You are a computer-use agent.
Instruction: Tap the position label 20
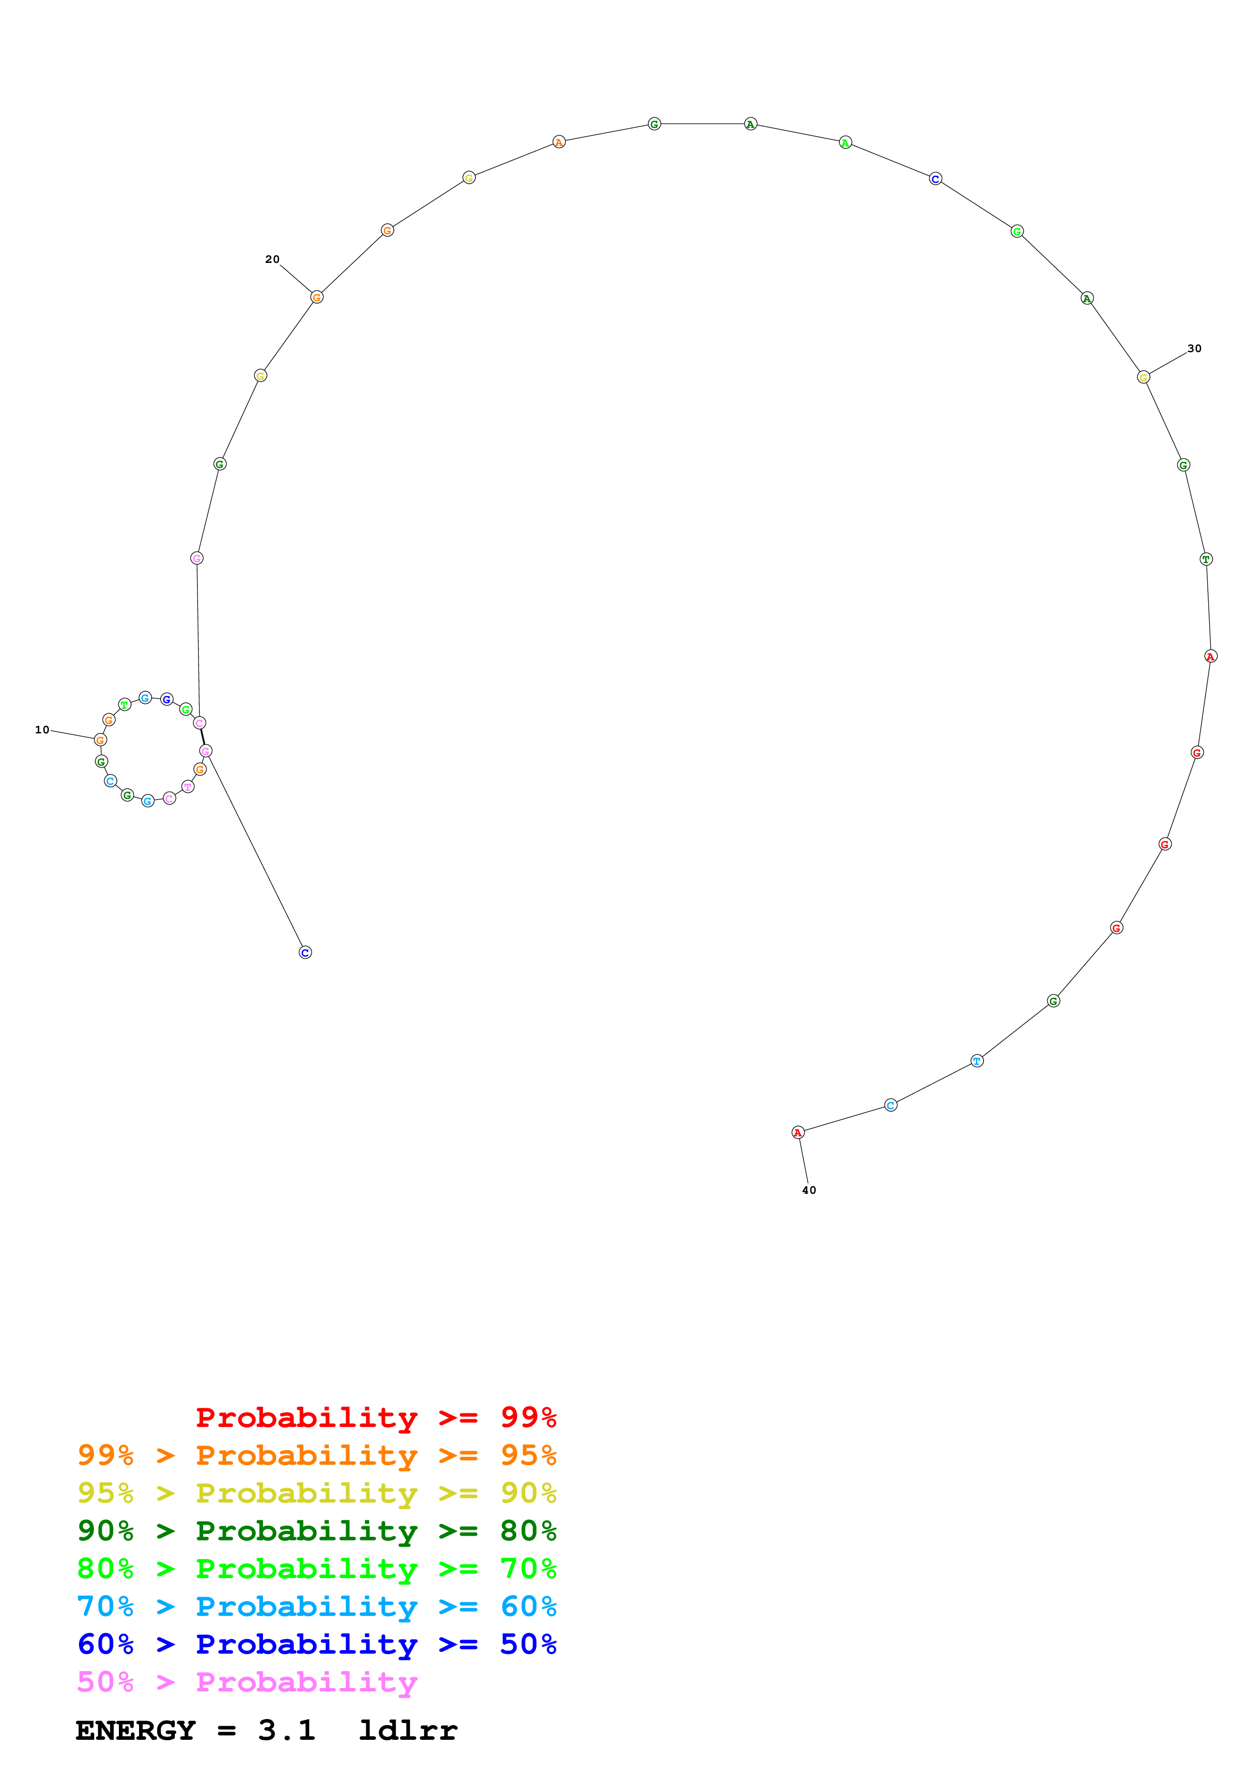pyautogui.click(x=272, y=259)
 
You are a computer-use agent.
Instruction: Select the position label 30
pyautogui.click(x=1194, y=349)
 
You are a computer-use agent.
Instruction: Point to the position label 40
pyautogui.click(x=809, y=1190)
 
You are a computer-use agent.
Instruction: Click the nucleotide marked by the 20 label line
pyautogui.click(x=316, y=297)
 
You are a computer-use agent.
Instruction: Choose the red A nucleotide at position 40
pyautogui.click(x=798, y=1133)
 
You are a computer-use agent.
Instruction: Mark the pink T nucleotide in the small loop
pyautogui.click(x=188, y=786)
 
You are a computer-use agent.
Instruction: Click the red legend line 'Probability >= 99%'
pyautogui.click(x=375, y=1417)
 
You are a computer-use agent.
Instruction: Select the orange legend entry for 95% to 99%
pyautogui.click(x=316, y=1455)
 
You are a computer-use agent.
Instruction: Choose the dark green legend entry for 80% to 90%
pyautogui.click(x=316, y=1531)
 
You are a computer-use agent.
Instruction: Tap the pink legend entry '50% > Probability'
pyautogui.click(x=246, y=1681)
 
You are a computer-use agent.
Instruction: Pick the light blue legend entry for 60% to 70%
pyautogui.click(x=316, y=1606)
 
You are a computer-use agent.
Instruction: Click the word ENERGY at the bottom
pyautogui.click(x=136, y=1730)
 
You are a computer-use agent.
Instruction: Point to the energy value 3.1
pyautogui.click(x=286, y=1730)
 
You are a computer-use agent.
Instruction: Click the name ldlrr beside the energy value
pyautogui.click(x=408, y=1730)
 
